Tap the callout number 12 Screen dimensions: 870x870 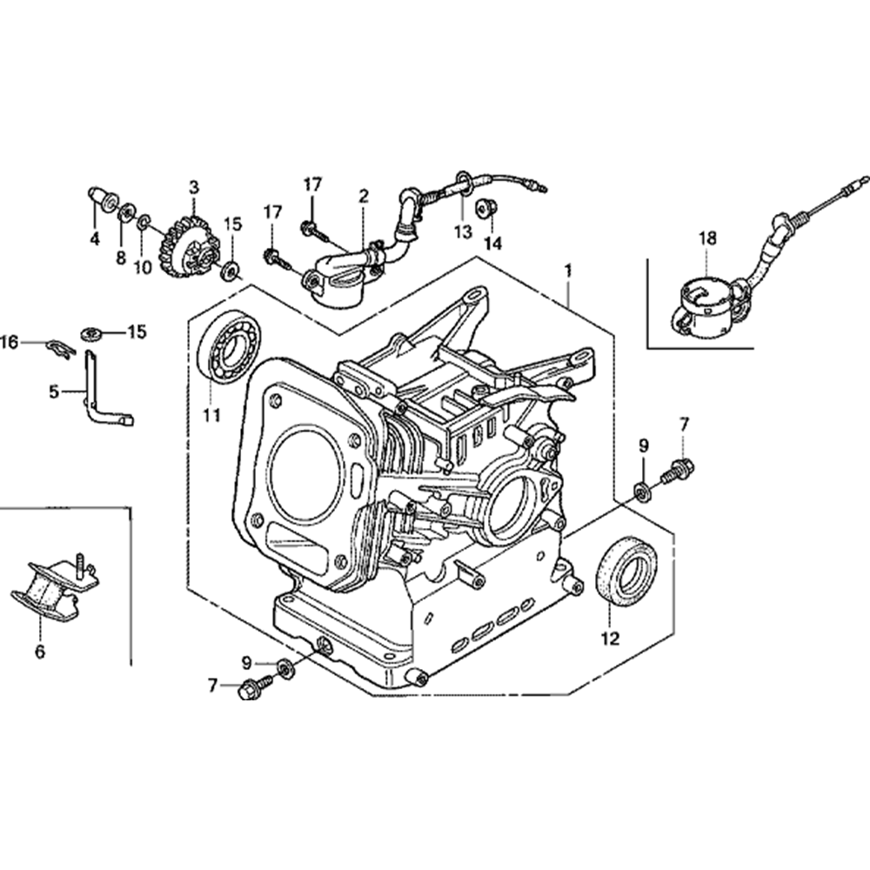[x=609, y=639]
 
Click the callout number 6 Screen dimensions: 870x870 [x=40, y=650]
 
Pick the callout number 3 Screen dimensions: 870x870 [x=193, y=186]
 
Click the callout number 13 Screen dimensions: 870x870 [x=462, y=231]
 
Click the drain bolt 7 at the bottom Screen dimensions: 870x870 [x=251, y=687]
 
